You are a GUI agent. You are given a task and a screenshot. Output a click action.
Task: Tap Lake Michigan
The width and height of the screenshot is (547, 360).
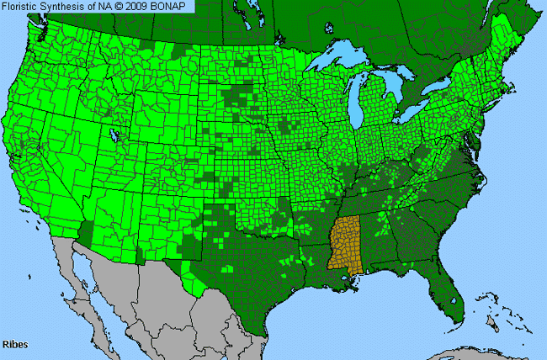[363, 105]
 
